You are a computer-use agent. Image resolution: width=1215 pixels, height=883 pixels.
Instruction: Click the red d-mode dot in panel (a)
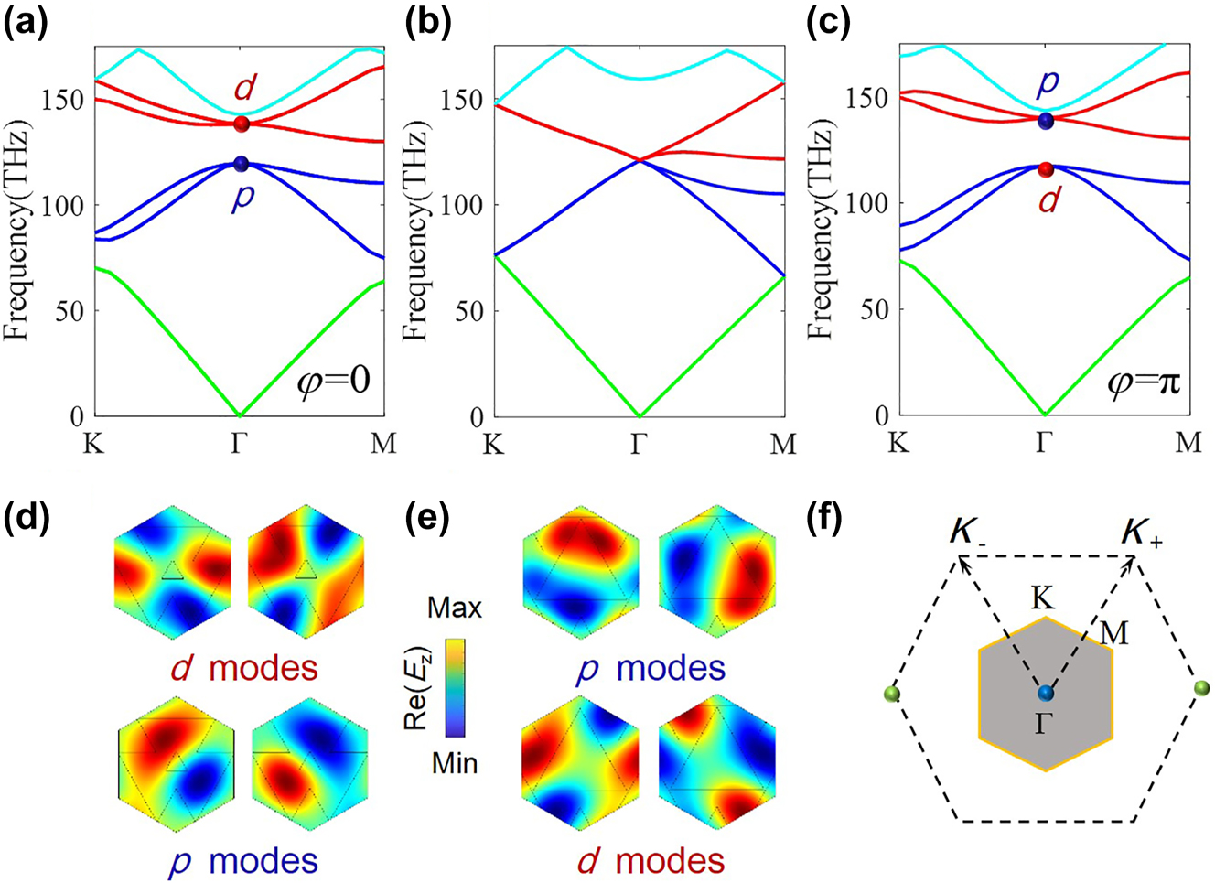pyautogui.click(x=242, y=124)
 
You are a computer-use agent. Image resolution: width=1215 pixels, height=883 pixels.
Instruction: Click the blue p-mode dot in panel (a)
pyautogui.click(x=242, y=164)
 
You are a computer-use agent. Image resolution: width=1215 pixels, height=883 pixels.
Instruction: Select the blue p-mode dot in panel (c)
pyautogui.click(x=1046, y=121)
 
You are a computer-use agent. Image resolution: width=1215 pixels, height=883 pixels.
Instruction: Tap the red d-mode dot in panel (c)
pyautogui.click(x=1046, y=169)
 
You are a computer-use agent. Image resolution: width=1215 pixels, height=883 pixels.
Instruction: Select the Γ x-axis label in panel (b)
pyautogui.click(x=640, y=445)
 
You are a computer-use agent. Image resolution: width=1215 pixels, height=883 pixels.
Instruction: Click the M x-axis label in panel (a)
pyautogui.click(x=383, y=445)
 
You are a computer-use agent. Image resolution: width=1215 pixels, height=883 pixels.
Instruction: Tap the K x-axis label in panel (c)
pyautogui.click(x=898, y=444)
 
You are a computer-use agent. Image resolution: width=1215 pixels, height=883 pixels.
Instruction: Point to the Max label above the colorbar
pyautogui.click(x=455, y=608)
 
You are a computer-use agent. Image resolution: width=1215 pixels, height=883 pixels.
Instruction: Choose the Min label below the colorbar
pyautogui.click(x=455, y=762)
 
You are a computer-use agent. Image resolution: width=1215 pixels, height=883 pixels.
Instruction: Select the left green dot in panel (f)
pyautogui.click(x=893, y=693)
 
